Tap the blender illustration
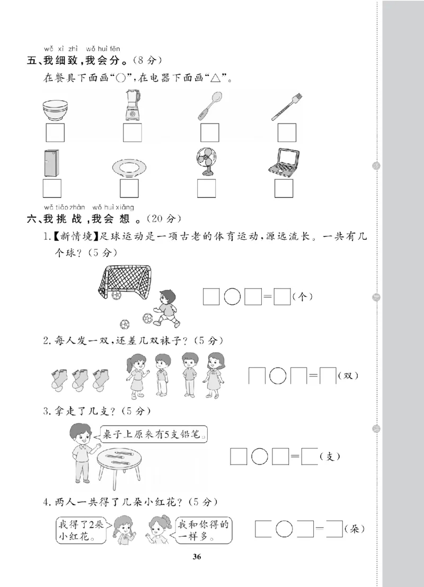pos(132,106)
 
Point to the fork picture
pos(287,107)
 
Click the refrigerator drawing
pos(51,163)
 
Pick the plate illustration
pos(129,168)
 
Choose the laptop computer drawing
pos(284,162)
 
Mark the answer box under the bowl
pos(55,133)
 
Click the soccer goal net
pos(126,282)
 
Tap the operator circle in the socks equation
pos(277,375)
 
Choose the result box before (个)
pos(282,297)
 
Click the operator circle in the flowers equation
pos(285,529)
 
